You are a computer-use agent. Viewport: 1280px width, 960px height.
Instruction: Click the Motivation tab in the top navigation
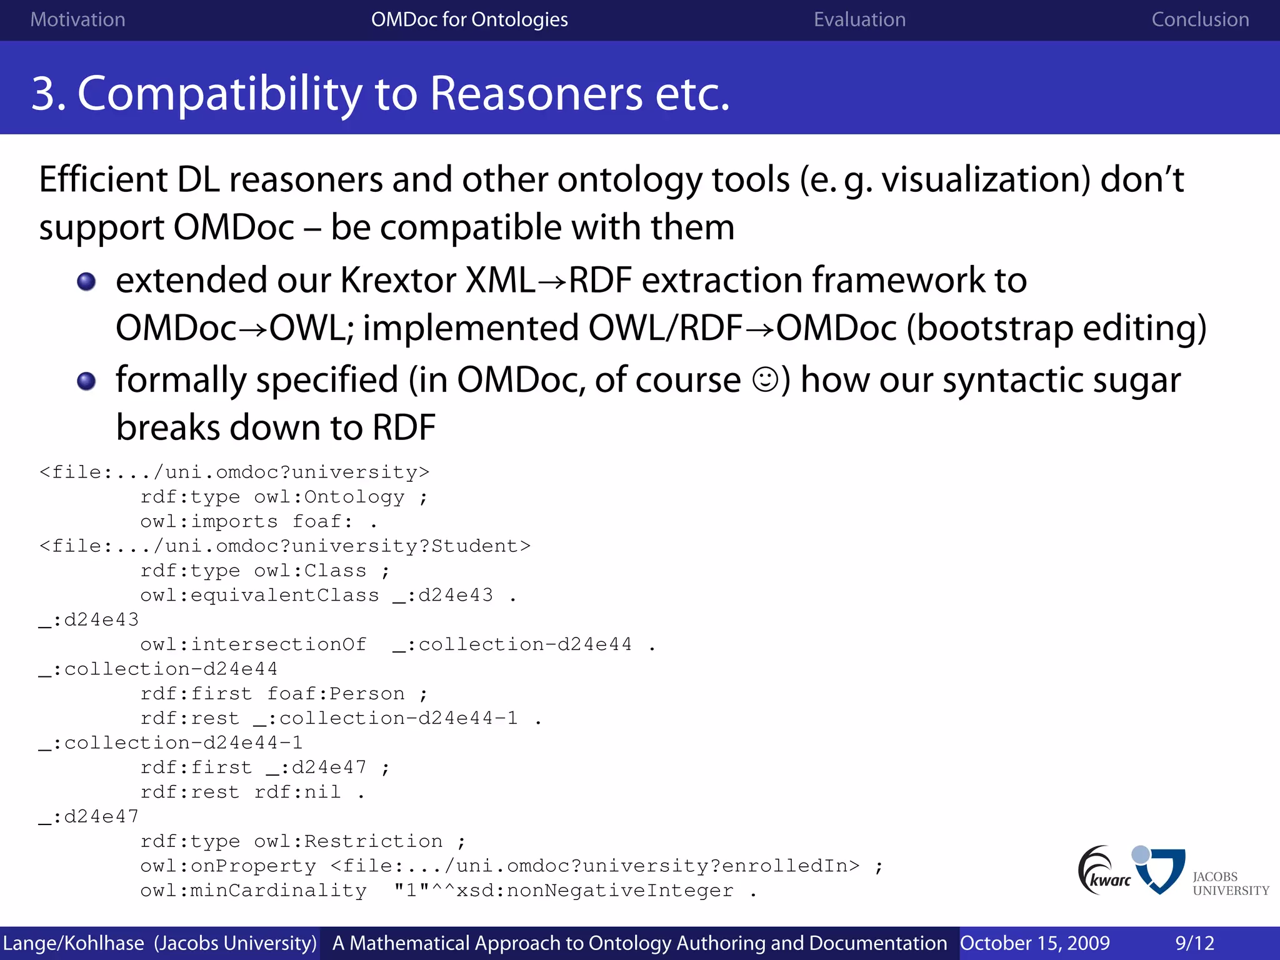pos(77,19)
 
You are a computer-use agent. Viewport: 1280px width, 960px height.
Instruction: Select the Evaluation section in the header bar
pos(859,19)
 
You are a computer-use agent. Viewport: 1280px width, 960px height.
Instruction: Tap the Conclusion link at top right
pos(1200,19)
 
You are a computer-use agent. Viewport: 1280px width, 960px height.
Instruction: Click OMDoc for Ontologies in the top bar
pos(469,19)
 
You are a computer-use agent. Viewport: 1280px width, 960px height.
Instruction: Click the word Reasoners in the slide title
pos(537,94)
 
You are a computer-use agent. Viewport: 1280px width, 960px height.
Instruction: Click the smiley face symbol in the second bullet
pos(764,379)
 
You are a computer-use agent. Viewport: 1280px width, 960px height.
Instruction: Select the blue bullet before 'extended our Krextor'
pos(86,281)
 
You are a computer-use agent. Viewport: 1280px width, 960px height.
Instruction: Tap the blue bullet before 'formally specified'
pos(86,381)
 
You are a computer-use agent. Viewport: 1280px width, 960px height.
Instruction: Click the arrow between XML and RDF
pos(552,282)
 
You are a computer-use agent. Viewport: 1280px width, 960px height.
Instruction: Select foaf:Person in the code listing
pos(336,694)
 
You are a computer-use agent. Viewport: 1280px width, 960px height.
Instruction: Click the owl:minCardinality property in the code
pos(253,891)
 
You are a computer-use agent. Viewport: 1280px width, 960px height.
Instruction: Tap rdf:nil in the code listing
pos(297,792)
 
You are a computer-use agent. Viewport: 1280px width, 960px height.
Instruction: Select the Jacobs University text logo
pos(1230,883)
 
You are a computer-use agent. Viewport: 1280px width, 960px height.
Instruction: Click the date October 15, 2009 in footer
pos(1034,943)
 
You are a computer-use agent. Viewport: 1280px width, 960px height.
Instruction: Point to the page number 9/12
pos(1194,943)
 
